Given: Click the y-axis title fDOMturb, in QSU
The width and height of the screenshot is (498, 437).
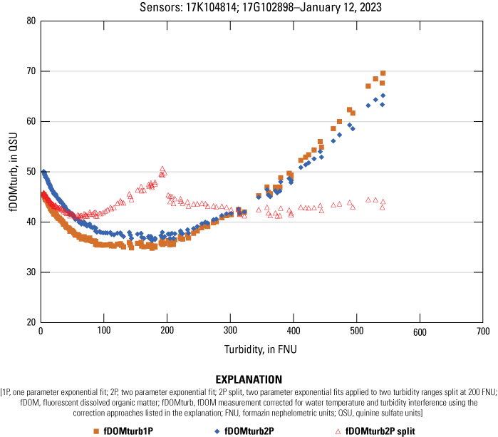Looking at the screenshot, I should (x=9, y=171).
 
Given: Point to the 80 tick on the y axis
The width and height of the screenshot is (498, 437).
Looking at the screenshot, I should (x=31, y=21).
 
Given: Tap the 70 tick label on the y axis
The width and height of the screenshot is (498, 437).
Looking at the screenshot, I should (x=31, y=71).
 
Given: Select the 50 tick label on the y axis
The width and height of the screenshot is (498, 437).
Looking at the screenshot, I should (x=31, y=172).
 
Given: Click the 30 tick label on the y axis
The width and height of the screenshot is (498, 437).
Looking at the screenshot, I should (x=31, y=272).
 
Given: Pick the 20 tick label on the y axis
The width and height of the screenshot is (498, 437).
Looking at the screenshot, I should (x=31, y=322).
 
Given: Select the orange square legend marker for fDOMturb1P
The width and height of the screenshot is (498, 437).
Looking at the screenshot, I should (x=95, y=431).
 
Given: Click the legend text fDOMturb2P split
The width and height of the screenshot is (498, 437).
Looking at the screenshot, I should (x=380, y=431).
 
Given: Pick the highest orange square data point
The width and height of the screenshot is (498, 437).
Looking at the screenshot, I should (x=383, y=73).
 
